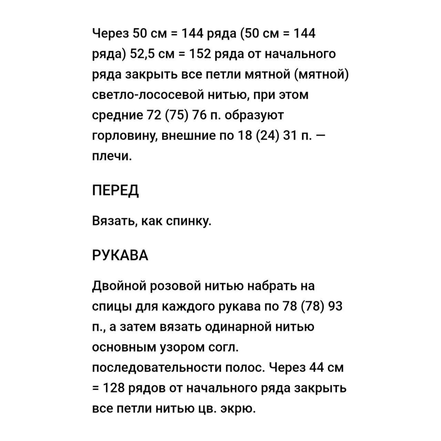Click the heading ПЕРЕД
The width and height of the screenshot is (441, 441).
[115, 190]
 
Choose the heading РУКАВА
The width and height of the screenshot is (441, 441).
[120, 255]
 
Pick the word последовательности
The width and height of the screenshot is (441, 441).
[156, 368]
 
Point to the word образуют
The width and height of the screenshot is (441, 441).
[254, 115]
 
